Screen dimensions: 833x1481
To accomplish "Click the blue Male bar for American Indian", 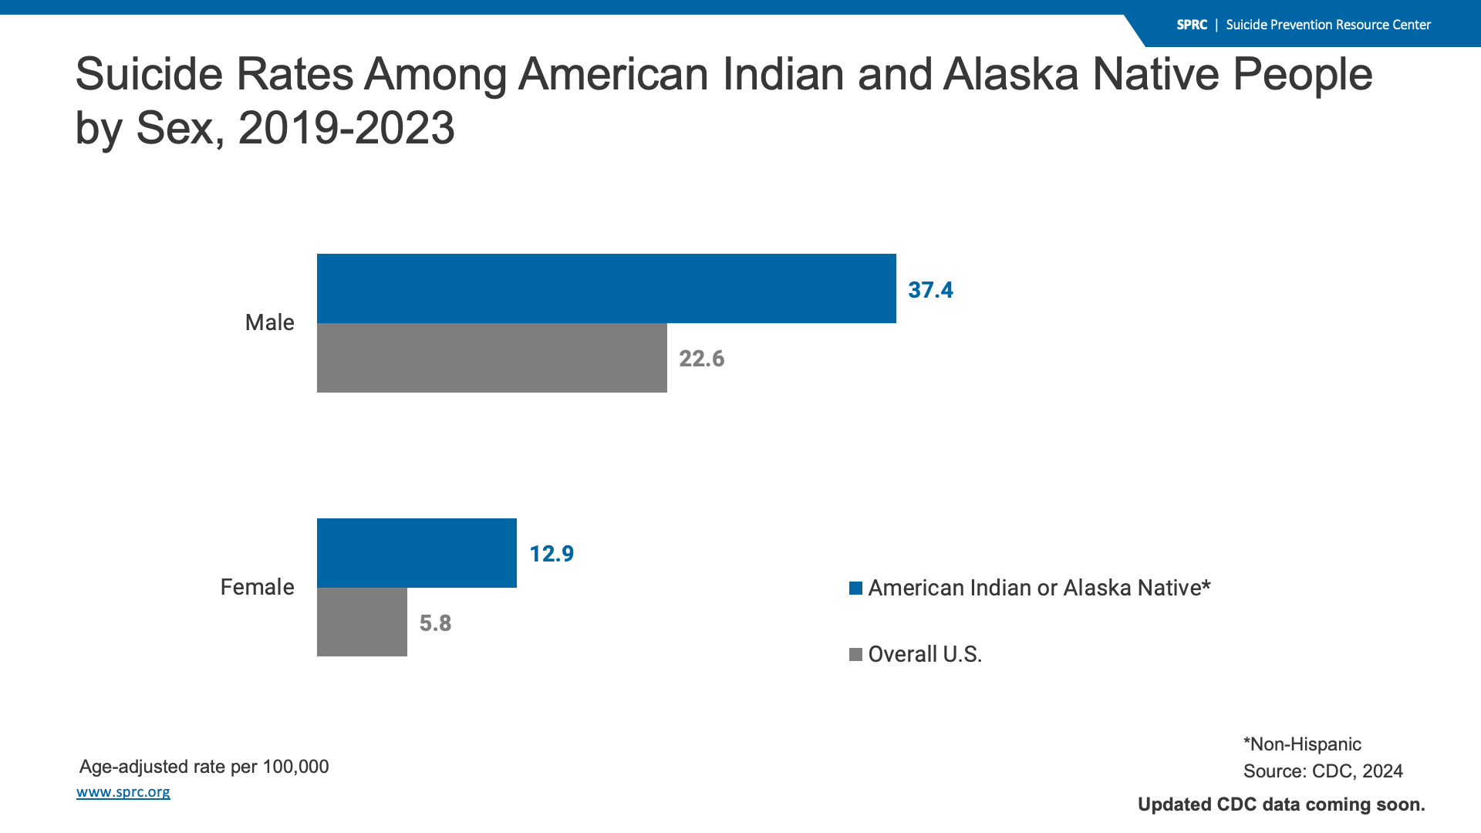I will coord(606,288).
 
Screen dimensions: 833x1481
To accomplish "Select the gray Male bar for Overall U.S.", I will coord(491,358).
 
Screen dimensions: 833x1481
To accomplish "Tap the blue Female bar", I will coord(417,553).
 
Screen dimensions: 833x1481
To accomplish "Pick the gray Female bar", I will coord(362,622).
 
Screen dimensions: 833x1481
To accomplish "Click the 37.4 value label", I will coord(930,290).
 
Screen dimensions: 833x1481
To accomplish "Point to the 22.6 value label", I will coord(701,359).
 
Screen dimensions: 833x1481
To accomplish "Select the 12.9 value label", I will coord(552,554).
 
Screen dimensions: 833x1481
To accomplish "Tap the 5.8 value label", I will coord(435,623).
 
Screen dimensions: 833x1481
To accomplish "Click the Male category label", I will coord(269,322).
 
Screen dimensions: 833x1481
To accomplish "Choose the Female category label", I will coord(257,587).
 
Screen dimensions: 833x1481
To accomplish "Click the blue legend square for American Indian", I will coord(855,588).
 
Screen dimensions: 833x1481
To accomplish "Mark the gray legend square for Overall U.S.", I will coord(855,655).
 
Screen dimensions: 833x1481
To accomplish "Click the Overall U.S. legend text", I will coord(925,654).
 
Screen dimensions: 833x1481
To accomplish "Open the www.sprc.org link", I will coord(123,792).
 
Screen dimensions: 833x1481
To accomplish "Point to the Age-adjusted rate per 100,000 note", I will coord(204,767).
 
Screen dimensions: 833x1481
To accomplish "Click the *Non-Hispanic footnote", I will coord(1302,744).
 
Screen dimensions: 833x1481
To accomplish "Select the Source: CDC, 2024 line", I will coord(1323,771).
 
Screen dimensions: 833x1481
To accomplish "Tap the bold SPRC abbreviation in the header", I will coord(1191,25).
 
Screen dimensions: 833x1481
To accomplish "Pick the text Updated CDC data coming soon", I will coord(1281,804).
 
